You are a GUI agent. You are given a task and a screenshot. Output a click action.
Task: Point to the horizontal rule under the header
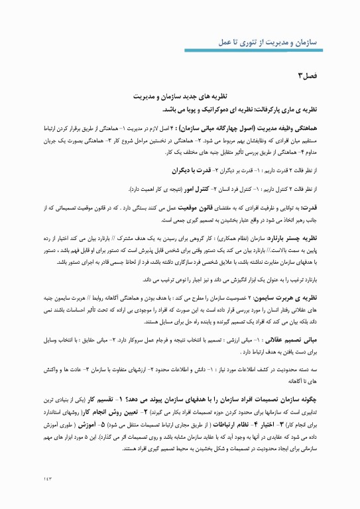pyautogui.click(x=180, y=53)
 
